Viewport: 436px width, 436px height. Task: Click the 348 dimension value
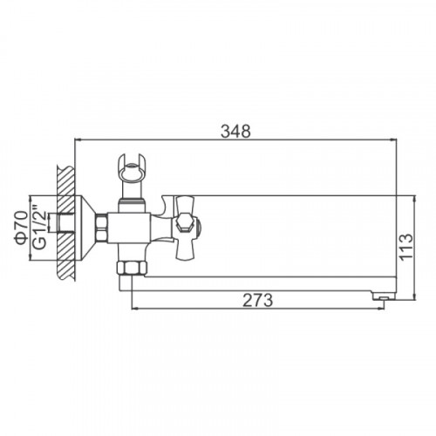(x=235, y=132)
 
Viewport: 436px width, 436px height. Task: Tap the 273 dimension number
(x=258, y=300)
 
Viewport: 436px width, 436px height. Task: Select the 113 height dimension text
(x=406, y=246)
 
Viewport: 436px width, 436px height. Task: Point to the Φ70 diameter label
(x=23, y=228)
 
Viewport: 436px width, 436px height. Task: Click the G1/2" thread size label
(x=39, y=228)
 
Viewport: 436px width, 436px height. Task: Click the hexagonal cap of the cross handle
(x=185, y=223)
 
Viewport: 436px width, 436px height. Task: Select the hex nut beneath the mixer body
(x=132, y=268)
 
